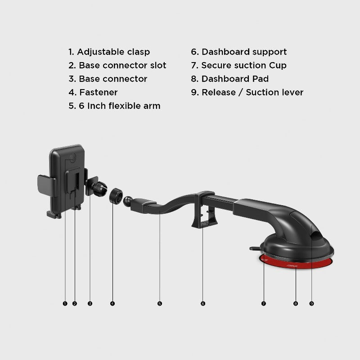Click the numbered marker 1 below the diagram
click(x=65, y=303)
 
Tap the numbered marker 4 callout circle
click(x=112, y=303)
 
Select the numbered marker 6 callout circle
click(x=203, y=303)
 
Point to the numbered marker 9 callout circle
click(x=311, y=303)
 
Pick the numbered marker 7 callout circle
click(x=263, y=303)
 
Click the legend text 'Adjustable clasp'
click(x=113, y=52)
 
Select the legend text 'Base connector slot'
click(x=122, y=65)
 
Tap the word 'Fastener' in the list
click(x=98, y=92)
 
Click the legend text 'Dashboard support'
click(x=244, y=52)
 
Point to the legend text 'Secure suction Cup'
click(x=244, y=65)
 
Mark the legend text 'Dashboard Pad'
click(x=235, y=79)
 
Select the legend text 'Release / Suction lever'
click(x=252, y=92)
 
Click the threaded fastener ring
click(x=116, y=196)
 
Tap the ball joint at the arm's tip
click(x=128, y=201)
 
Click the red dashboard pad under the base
click(x=296, y=263)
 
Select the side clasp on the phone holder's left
click(x=47, y=186)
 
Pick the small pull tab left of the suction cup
click(x=255, y=248)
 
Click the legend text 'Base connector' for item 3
click(x=113, y=79)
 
